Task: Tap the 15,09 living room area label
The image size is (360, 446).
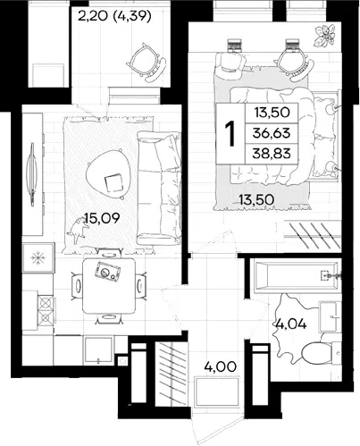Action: pyautogui.click(x=102, y=218)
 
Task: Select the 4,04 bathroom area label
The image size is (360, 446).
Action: pyautogui.click(x=291, y=324)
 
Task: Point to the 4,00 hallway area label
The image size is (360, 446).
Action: pyautogui.click(x=221, y=366)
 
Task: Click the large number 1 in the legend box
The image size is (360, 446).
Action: pyautogui.click(x=230, y=134)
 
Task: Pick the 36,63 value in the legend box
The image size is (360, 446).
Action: pyautogui.click(x=272, y=133)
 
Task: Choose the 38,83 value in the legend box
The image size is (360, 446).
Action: pyautogui.click(x=272, y=154)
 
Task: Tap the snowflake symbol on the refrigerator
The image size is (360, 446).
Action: pyautogui.click(x=38, y=257)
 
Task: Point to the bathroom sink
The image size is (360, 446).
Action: pyautogui.click(x=330, y=316)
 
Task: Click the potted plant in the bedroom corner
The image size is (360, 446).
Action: pyautogui.click(x=324, y=36)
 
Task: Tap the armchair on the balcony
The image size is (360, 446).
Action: pyautogui.click(x=146, y=62)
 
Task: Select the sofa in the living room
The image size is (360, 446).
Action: pyautogui.click(x=159, y=189)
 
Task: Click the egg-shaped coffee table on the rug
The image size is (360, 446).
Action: pyautogui.click(x=109, y=173)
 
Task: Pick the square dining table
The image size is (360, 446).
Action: pyautogui.click(x=109, y=286)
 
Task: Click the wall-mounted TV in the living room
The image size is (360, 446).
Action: pyautogui.click(x=31, y=174)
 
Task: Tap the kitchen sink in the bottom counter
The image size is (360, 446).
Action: pyautogui.click(x=98, y=349)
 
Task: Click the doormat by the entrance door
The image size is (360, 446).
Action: pyautogui.click(x=217, y=391)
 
